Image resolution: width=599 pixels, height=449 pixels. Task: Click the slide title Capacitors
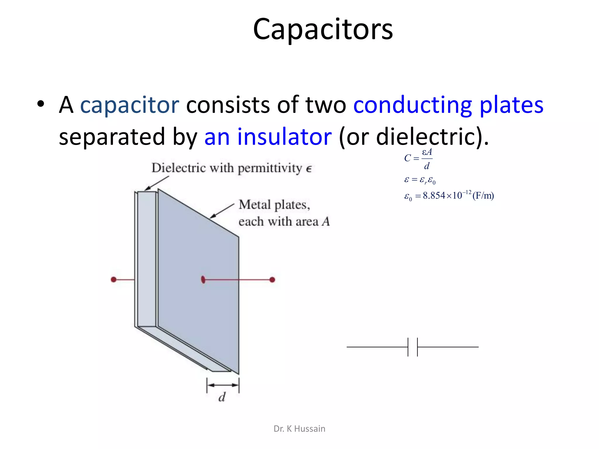tap(323, 29)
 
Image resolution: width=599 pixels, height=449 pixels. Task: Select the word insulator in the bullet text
tap(284, 137)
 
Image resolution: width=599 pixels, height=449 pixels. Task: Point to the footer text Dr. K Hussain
tap(299, 429)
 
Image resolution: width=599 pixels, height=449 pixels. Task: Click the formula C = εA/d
tap(418, 159)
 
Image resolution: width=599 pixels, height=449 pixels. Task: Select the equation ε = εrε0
tap(420, 180)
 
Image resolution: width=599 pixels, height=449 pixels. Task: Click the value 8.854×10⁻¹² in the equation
tap(447, 195)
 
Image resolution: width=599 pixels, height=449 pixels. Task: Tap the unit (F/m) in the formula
tap(483, 195)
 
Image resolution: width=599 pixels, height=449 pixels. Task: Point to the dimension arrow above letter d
tap(223, 385)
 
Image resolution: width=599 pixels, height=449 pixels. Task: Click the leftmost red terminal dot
tap(114, 280)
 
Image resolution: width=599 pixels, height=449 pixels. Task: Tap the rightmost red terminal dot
tap(272, 280)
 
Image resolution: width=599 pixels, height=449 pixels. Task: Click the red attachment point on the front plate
tap(203, 280)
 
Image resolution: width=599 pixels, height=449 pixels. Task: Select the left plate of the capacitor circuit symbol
tap(408, 347)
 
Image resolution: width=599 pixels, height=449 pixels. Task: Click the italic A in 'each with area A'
tap(326, 222)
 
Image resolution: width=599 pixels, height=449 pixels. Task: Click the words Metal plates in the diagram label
tap(274, 205)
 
